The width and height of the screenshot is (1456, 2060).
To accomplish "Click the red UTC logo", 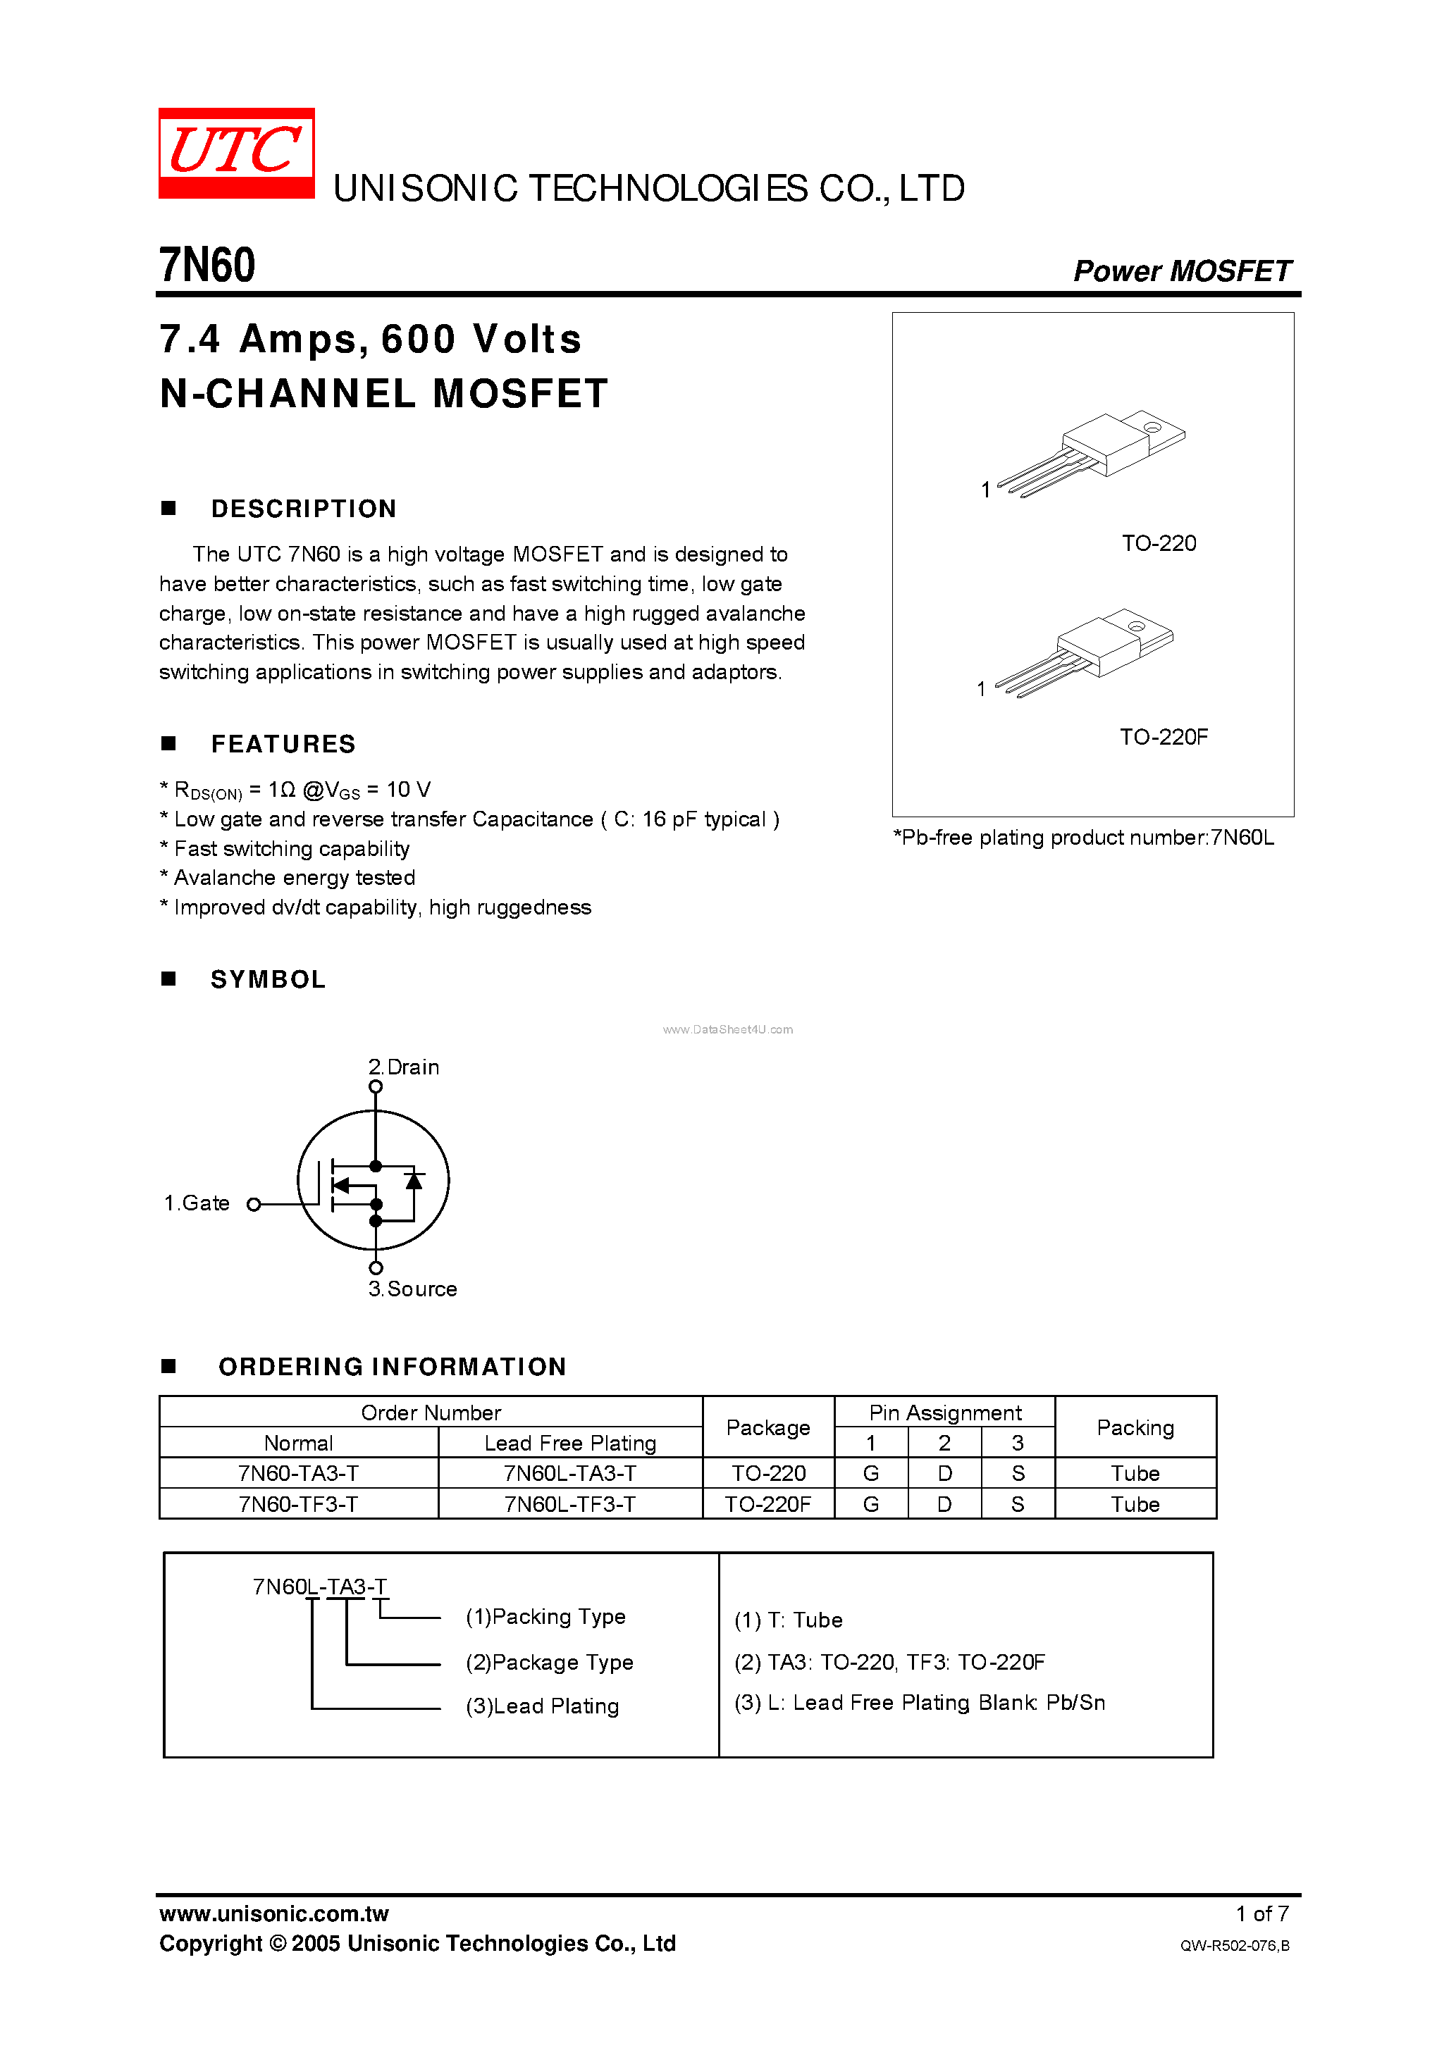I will [236, 152].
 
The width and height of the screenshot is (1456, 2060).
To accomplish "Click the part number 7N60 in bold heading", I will [207, 266].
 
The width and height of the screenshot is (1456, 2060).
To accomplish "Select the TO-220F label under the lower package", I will [1164, 737].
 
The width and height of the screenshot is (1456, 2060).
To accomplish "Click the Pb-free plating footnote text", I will [1082, 837].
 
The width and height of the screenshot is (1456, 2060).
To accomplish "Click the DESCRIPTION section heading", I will [304, 509].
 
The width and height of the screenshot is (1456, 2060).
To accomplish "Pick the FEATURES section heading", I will [283, 744].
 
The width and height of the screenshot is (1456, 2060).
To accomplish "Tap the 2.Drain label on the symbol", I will [404, 1067].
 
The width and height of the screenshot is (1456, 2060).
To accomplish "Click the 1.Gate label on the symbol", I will [197, 1203].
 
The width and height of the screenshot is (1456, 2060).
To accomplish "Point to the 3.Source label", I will [413, 1289].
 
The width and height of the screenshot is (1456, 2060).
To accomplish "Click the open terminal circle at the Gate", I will [254, 1204].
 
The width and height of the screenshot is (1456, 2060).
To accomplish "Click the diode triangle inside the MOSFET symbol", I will [414, 1180].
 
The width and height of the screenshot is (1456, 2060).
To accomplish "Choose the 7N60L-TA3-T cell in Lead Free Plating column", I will [570, 1473].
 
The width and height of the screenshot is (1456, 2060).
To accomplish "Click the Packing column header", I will [1135, 1427].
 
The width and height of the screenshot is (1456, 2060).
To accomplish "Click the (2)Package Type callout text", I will [550, 1662].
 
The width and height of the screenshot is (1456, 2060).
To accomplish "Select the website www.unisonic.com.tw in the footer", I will [273, 1913].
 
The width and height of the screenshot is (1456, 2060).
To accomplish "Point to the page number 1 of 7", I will [1261, 1913].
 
